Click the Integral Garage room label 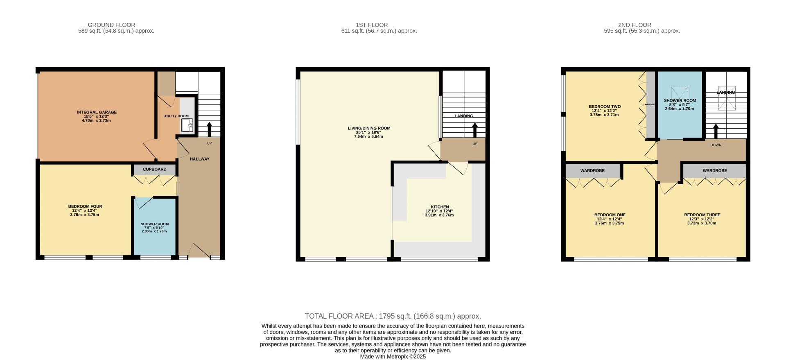97,112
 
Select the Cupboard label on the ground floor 155,170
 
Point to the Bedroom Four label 85,206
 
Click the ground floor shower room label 154,224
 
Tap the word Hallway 199,159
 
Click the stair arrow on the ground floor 209,129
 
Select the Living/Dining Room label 369,128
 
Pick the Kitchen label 440,207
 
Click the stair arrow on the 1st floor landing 475,130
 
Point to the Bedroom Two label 605,106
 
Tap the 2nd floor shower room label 680,100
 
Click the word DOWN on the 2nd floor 716,145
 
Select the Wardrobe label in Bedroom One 592,171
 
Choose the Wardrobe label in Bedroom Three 715,171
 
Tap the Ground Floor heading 111,25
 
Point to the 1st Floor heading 372,25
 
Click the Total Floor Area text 393,316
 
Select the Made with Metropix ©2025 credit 393,357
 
